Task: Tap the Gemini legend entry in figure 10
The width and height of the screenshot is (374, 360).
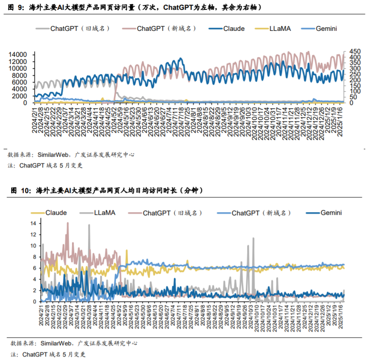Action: pos(331,213)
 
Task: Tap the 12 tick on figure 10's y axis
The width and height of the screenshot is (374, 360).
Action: pos(33,234)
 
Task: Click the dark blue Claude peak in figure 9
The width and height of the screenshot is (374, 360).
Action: pos(180,59)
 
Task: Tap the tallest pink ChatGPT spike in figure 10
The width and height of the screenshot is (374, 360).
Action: pos(67,223)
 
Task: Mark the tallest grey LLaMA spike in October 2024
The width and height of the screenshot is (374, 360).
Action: pos(253,239)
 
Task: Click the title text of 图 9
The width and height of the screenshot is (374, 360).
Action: pos(134,8)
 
